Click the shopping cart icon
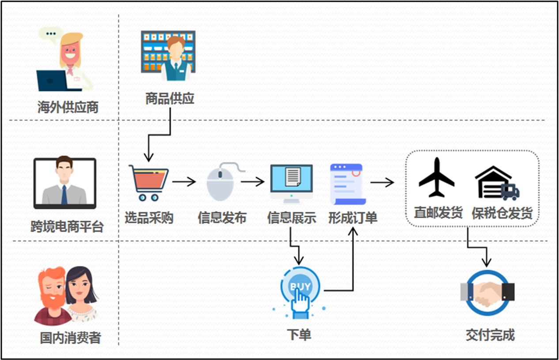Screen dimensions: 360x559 (x=148, y=182)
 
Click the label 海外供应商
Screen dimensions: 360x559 (x=68, y=107)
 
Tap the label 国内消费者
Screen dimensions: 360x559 (x=70, y=338)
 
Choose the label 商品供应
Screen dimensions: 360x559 (x=170, y=98)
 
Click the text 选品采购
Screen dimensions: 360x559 (x=148, y=218)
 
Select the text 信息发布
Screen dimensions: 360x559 (x=222, y=218)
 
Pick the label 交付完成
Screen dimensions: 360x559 (x=490, y=335)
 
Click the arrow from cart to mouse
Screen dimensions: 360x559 (x=184, y=181)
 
